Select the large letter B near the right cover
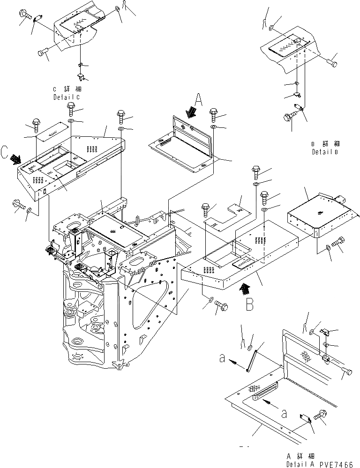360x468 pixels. pos(249,305)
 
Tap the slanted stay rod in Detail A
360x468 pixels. pos(253,357)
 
